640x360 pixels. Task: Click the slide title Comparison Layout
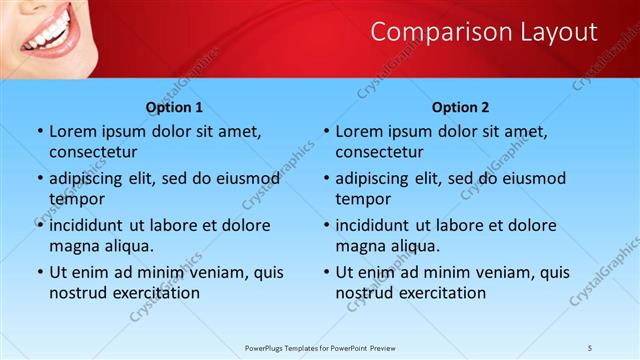[x=484, y=32]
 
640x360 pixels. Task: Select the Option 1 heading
[x=174, y=107]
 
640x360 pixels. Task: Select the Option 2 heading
[x=460, y=107]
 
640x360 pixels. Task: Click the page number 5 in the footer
[x=591, y=347]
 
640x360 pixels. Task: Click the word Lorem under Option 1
[x=74, y=132]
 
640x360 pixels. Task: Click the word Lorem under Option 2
[x=360, y=132]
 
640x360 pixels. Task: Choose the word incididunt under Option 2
[x=377, y=225]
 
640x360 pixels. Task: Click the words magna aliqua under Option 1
[x=101, y=245]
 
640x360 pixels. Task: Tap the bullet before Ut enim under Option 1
[x=39, y=272]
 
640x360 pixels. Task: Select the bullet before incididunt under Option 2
[x=325, y=225]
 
